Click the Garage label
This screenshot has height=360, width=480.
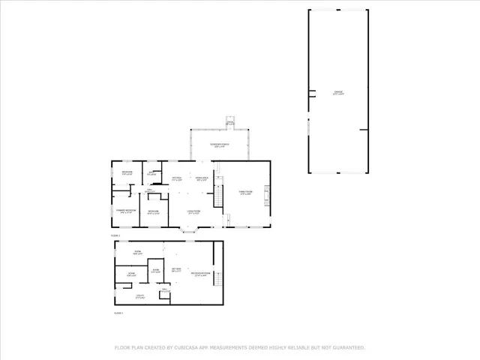tap(338, 93)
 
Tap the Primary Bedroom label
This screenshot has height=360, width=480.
tap(125, 211)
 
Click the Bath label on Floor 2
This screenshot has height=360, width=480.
tap(151, 174)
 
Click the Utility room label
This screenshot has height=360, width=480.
tap(140, 297)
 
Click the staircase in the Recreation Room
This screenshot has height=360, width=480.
tap(215, 279)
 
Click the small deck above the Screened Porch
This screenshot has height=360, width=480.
tap(230, 122)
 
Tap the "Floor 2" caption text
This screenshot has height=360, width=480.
tap(115, 235)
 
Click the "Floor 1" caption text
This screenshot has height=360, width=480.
tap(118, 313)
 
